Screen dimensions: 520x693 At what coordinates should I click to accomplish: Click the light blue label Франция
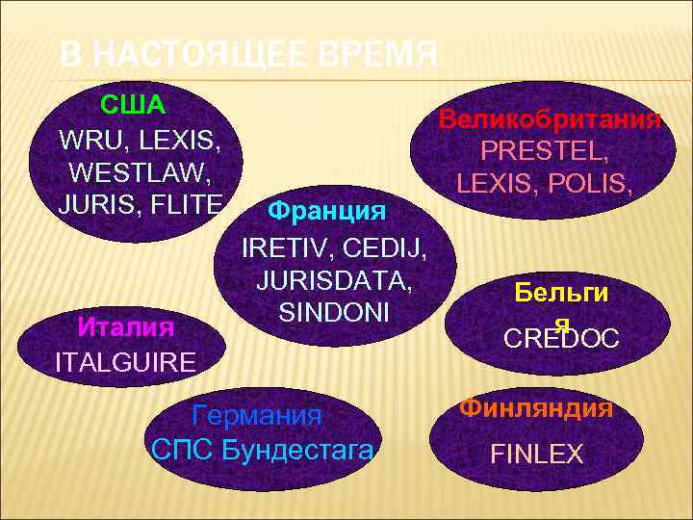pos(327,210)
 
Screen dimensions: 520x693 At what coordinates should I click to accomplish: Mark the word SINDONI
pos(334,313)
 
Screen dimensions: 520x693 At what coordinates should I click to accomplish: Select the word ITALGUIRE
pos(126,362)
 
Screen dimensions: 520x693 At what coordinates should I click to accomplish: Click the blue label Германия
pos(257,417)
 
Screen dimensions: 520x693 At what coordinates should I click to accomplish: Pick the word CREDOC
pos(563,339)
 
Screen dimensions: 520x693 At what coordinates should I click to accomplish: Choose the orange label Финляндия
pos(536,408)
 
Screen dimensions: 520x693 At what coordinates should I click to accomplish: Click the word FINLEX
pos(537,454)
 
